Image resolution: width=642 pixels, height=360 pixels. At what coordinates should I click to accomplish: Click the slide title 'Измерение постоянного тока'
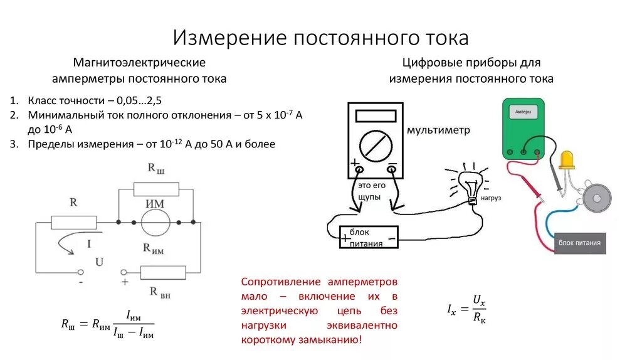pos(320,37)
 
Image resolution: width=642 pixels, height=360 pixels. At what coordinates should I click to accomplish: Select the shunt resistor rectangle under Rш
pos(156,189)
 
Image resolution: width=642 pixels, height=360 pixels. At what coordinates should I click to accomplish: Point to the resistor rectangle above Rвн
pos(163,272)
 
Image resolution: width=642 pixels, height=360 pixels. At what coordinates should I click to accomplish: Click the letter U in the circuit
pos(98,262)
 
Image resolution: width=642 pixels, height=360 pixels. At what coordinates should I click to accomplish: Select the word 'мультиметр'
pos(438,130)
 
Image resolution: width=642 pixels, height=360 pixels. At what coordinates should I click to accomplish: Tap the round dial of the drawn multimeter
pos(375,146)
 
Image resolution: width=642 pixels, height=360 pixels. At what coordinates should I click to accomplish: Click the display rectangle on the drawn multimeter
pos(375,116)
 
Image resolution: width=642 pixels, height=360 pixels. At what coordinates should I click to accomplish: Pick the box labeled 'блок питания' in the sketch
pos(369,237)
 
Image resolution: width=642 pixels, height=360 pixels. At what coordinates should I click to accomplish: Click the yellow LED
pos(567,160)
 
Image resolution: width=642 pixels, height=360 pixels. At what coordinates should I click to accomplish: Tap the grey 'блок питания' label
pos(579,243)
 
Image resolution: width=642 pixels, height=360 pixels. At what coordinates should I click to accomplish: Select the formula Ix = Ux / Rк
pos(466,309)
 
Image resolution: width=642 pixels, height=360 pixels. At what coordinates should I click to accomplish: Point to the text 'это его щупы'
pos(369,191)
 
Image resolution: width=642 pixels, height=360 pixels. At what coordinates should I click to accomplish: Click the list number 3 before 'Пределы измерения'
pos(13,144)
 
